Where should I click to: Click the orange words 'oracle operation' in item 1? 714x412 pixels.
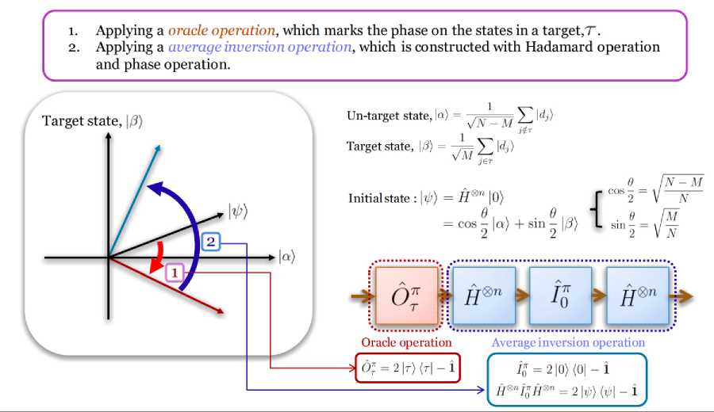221,31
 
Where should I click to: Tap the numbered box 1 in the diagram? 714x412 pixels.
176,273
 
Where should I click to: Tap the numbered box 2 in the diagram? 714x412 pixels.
209,242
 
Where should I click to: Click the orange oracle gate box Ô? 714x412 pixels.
406,297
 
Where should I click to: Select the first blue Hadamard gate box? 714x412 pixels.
485,296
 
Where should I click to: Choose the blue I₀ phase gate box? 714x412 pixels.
560,296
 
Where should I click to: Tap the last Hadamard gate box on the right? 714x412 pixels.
637,296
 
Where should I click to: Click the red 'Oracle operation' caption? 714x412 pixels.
406,342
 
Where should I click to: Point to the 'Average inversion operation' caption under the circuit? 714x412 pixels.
567,342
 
